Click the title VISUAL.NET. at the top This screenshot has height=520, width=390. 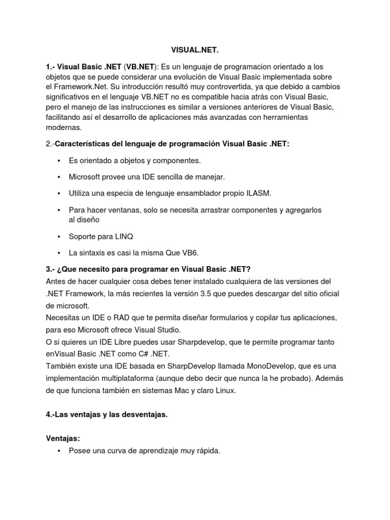pyautogui.click(x=195, y=51)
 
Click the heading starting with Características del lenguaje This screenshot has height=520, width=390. pyautogui.click(x=172, y=144)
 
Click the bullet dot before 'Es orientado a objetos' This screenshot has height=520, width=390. pyautogui.click(x=59, y=160)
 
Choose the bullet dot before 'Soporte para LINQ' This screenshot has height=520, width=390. pyautogui.click(x=59, y=236)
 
